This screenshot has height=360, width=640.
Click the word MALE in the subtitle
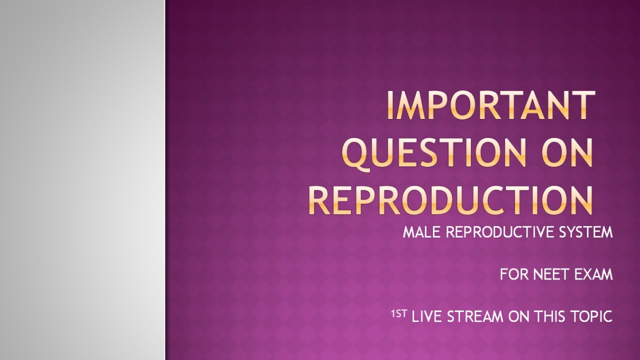[x=419, y=232]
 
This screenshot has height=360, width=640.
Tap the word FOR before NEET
[x=514, y=274]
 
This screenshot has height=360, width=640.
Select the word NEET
[x=551, y=274]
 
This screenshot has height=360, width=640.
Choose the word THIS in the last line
[x=550, y=316]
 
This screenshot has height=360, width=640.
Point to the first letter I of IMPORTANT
[x=390, y=106]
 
